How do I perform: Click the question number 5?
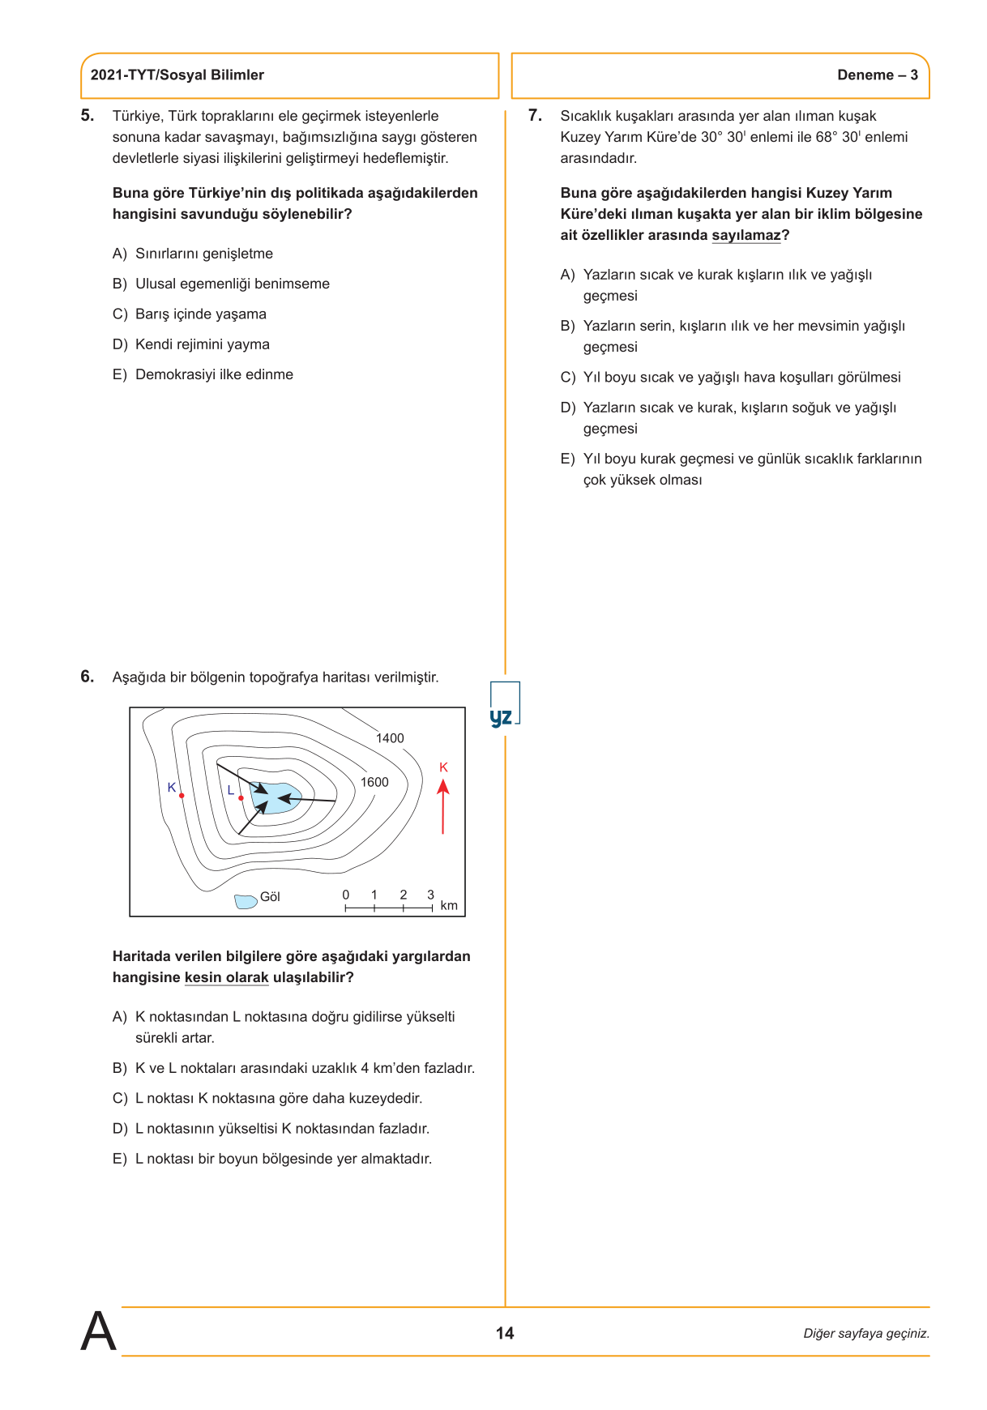(x=87, y=116)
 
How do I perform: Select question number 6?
(x=87, y=677)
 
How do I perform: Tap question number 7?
(x=535, y=116)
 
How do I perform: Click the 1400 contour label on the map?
(x=390, y=738)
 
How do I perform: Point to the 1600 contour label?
(x=374, y=782)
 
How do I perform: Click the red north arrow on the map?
(x=443, y=806)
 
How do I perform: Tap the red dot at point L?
(x=241, y=798)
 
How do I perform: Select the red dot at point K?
(x=182, y=796)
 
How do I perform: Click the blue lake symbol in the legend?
(x=246, y=901)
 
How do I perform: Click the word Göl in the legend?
(x=270, y=897)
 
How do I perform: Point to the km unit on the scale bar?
(x=449, y=906)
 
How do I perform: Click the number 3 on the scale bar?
(x=431, y=895)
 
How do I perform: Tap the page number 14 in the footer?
(x=505, y=1333)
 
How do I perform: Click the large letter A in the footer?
(x=99, y=1331)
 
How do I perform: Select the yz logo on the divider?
(x=502, y=717)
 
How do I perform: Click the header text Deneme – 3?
(x=878, y=75)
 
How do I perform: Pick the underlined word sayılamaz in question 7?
(x=746, y=236)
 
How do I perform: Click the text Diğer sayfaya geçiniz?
(x=866, y=1334)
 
